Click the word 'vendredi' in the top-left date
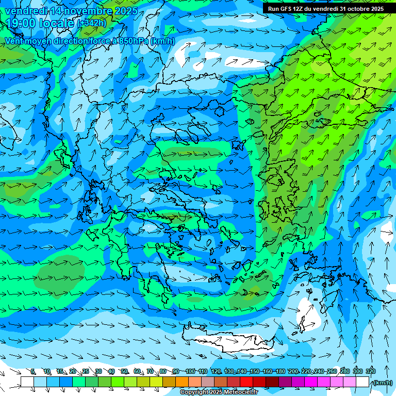tap(26, 11)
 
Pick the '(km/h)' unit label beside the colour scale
tap(382, 383)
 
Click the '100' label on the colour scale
tap(190, 372)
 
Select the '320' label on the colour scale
tap(371, 372)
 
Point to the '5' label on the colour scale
tap(33, 372)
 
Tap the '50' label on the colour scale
tap(124, 372)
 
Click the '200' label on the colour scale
tap(293, 372)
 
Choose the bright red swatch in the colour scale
tap(246, 382)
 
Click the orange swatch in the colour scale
tap(181, 382)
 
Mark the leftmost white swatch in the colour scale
tap(27, 382)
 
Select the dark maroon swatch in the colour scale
tap(272, 382)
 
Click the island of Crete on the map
tap(227, 343)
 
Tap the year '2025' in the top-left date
tap(126, 11)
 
